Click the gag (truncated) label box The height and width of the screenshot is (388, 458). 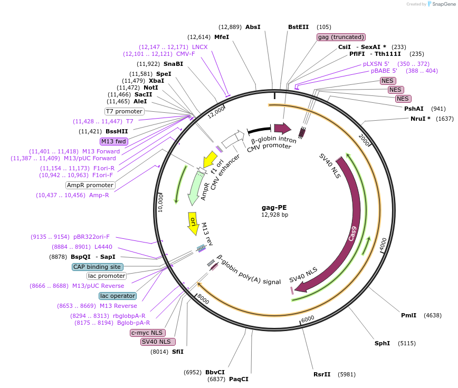pos(341,37)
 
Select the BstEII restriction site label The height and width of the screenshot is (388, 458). pos(298,27)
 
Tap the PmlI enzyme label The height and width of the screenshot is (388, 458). pos(408,315)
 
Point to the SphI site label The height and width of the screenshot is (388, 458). pos(382,343)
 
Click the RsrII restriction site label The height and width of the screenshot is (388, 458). pos(322,374)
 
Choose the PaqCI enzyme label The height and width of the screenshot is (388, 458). pos(238,379)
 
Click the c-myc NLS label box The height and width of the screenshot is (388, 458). pos(147,333)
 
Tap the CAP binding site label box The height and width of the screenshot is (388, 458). pos(98,267)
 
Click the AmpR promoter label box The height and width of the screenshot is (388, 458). pos(90,185)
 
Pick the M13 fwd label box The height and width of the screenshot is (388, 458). pos(114,141)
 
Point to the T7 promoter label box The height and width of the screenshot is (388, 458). pos(124,111)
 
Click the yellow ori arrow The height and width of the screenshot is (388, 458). pos(193,222)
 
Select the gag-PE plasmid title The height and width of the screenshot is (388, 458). pos(274,207)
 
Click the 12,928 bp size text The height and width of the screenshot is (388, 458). pos(274,215)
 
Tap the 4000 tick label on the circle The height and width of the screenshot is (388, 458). pos(383,243)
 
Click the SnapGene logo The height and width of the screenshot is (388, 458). pos(442,4)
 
